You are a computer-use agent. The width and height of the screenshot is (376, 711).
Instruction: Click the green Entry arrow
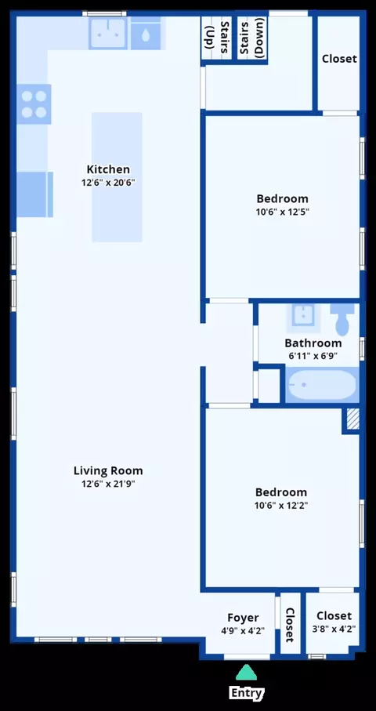point(246,673)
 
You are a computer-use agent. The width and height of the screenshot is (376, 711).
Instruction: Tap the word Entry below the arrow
point(247,693)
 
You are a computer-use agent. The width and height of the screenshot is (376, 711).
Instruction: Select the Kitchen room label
point(108,169)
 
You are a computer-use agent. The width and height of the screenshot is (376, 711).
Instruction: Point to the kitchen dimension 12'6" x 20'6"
point(108,183)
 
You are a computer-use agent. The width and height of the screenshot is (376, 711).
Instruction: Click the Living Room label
point(108,470)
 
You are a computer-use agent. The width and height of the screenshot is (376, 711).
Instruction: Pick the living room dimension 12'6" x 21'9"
point(108,484)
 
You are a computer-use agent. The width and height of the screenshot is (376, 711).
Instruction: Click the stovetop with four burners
point(34,103)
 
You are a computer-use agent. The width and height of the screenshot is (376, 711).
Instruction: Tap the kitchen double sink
point(108,34)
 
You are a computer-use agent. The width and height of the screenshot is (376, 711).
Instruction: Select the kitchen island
point(117,177)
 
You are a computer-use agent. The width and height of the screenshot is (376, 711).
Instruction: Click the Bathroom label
point(313,343)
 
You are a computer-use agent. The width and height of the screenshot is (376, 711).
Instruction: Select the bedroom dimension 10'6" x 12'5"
point(282,212)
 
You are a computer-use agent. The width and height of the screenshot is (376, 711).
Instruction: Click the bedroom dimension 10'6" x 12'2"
point(281,506)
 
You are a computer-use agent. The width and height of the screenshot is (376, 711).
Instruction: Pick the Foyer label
point(244,618)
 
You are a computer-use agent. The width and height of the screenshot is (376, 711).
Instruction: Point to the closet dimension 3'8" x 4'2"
point(334,629)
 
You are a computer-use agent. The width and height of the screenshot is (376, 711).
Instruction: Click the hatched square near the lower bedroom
point(353,419)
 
